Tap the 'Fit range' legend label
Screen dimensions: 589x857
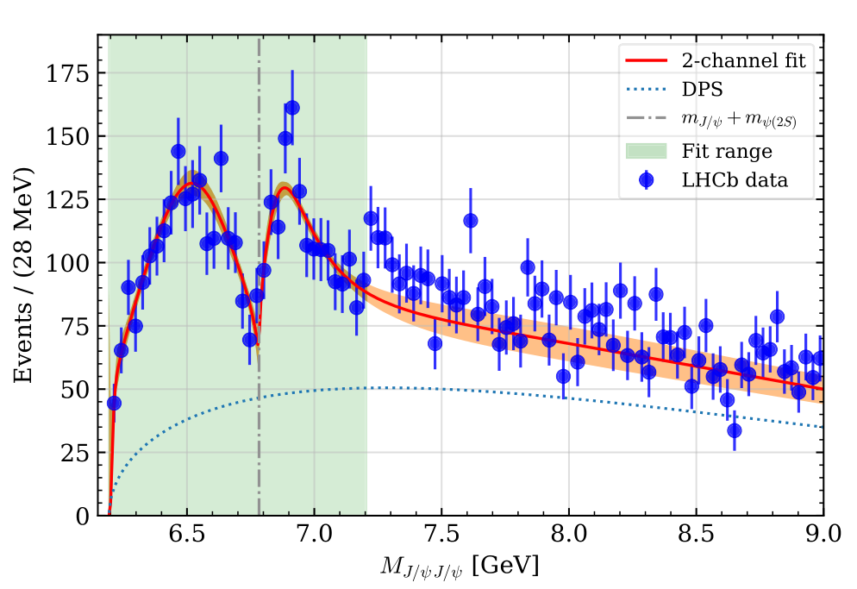726,151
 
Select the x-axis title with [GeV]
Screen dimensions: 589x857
460,566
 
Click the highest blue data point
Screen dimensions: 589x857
292,108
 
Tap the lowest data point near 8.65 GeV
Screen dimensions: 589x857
735,430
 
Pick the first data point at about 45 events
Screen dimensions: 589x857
114,403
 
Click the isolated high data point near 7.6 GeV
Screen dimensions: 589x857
471,221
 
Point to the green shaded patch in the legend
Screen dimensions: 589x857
645,151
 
